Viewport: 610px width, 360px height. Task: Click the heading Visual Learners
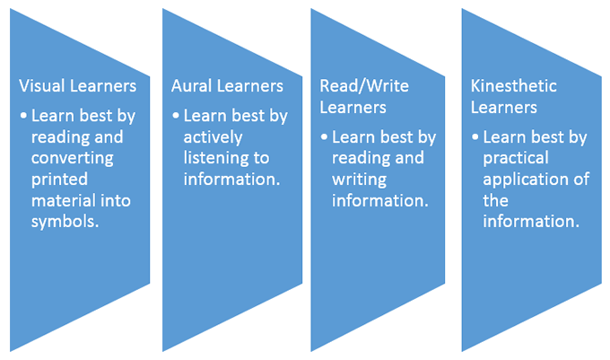click(x=78, y=86)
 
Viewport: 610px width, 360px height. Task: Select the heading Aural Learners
click(x=227, y=86)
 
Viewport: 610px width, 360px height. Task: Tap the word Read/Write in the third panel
click(x=364, y=86)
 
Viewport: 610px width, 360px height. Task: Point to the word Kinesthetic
click(x=513, y=86)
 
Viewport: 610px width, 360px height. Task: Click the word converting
click(x=73, y=159)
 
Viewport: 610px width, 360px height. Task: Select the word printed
click(x=59, y=180)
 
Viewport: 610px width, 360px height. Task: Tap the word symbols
click(x=65, y=222)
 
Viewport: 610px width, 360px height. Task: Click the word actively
click(x=213, y=137)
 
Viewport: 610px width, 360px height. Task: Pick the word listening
click(x=213, y=159)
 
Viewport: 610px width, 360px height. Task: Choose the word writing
click(x=359, y=180)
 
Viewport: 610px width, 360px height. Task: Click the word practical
click(x=516, y=159)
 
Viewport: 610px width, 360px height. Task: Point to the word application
click(x=526, y=180)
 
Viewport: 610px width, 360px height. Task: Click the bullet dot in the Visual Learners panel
click(x=23, y=116)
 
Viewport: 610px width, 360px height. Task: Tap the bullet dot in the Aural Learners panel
click(x=176, y=116)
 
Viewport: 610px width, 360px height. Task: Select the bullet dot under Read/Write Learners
click(x=324, y=137)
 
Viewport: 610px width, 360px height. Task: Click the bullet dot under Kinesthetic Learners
click(x=475, y=137)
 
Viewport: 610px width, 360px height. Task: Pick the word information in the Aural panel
click(x=231, y=180)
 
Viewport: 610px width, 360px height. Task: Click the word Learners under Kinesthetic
click(x=504, y=108)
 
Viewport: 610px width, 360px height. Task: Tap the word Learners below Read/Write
click(x=353, y=108)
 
